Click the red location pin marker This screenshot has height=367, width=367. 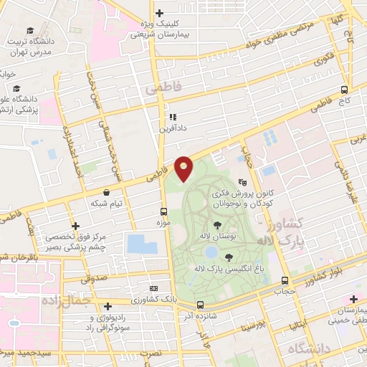click(183, 168)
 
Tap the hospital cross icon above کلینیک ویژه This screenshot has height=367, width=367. click(159, 12)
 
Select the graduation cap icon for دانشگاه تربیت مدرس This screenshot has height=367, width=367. click(30, 30)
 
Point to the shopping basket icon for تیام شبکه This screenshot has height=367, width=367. click(107, 193)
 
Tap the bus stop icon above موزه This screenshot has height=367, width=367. click(164, 211)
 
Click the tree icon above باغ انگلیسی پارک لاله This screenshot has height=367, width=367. click(229, 257)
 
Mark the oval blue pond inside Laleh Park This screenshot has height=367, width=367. click(211, 252)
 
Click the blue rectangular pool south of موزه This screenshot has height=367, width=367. click(141, 244)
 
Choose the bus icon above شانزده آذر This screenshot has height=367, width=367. click(200, 305)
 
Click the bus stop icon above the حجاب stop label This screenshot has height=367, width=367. click(285, 280)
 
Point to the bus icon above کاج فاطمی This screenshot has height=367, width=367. click(345, 90)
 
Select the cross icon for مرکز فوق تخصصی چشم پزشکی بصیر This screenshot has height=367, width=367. click(75, 226)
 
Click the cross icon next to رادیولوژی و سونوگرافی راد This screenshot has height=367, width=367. click(108, 305)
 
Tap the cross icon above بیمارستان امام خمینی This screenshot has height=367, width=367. click(353, 298)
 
